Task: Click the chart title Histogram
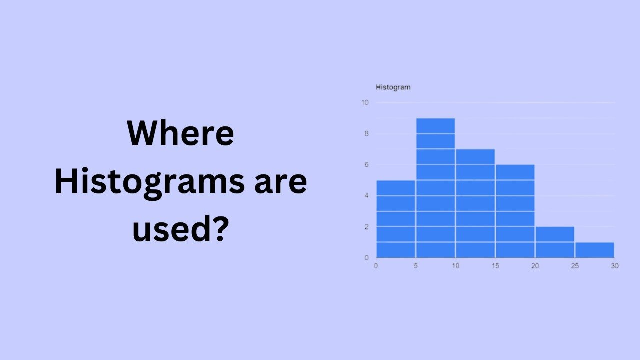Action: (x=393, y=87)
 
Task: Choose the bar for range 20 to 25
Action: (x=555, y=242)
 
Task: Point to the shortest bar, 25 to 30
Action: (x=594, y=250)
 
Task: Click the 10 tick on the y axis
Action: (x=365, y=103)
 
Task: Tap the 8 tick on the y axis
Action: (x=366, y=134)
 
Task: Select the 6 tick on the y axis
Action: (x=366, y=165)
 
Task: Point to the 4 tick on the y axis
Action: (x=366, y=196)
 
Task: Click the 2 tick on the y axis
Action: (x=366, y=227)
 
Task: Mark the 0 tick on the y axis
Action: (x=366, y=258)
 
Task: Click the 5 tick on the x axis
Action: (x=416, y=266)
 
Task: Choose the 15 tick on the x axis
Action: (x=495, y=266)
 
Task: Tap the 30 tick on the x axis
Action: (x=614, y=266)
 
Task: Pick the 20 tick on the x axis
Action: (x=535, y=266)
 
